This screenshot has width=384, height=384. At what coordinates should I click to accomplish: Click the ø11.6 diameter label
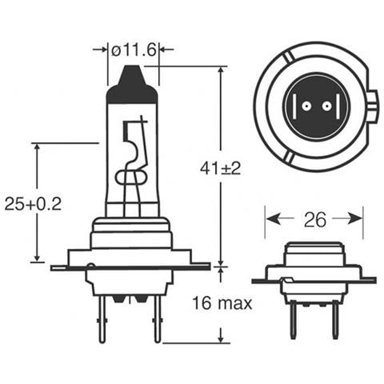click(133, 50)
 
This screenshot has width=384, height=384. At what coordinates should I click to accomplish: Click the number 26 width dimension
click(314, 218)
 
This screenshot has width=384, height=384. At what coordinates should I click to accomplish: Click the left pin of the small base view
click(293, 320)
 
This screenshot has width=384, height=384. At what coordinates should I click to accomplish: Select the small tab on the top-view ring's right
click(374, 105)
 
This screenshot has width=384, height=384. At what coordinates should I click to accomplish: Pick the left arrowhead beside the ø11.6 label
click(103, 50)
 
